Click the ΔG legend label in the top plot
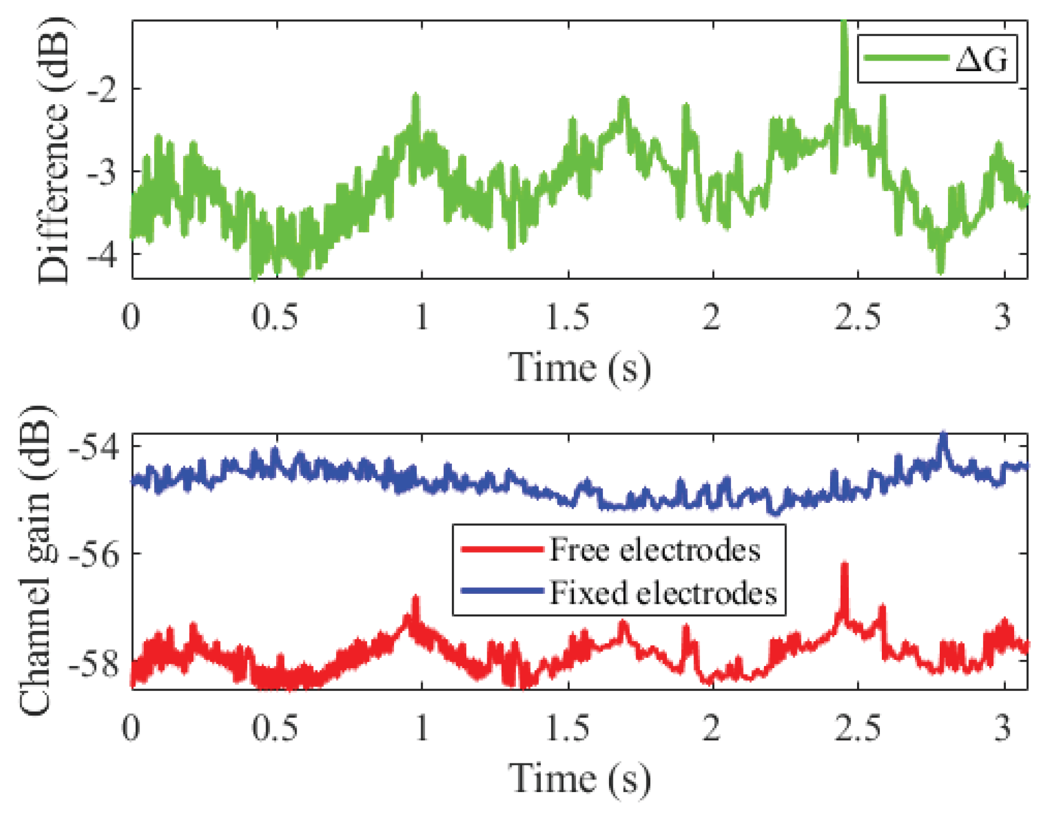[x=981, y=59]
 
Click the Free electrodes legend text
[x=655, y=550]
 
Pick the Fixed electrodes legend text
[x=663, y=593]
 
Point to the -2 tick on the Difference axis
[x=103, y=89]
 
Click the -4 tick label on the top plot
[x=103, y=254]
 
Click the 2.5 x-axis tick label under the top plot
[x=857, y=318]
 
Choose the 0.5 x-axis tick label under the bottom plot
[x=275, y=728]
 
